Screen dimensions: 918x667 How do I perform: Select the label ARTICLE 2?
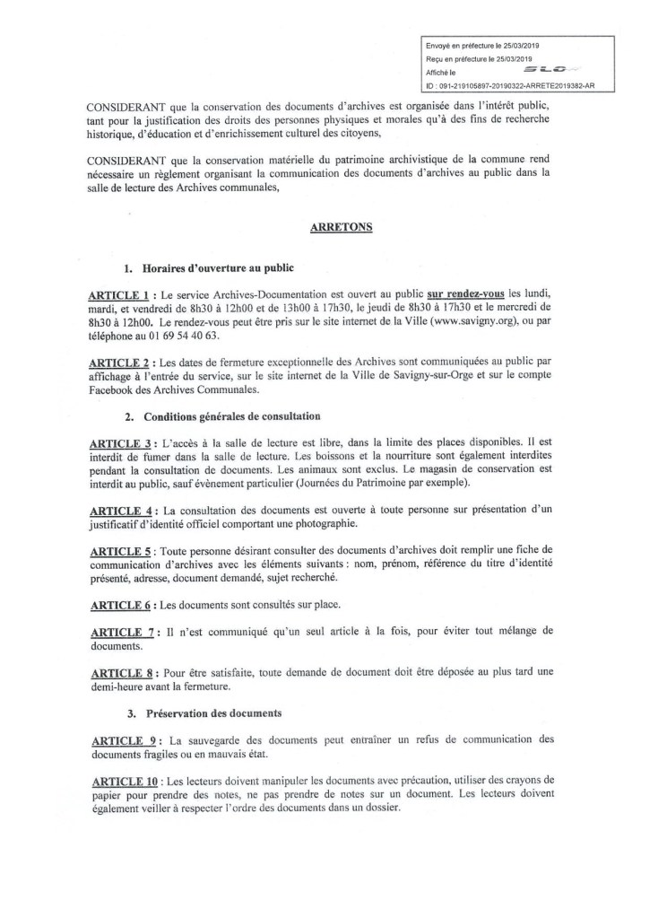121,360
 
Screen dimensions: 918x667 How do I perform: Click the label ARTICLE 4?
121,511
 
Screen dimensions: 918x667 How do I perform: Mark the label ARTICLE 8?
121,673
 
